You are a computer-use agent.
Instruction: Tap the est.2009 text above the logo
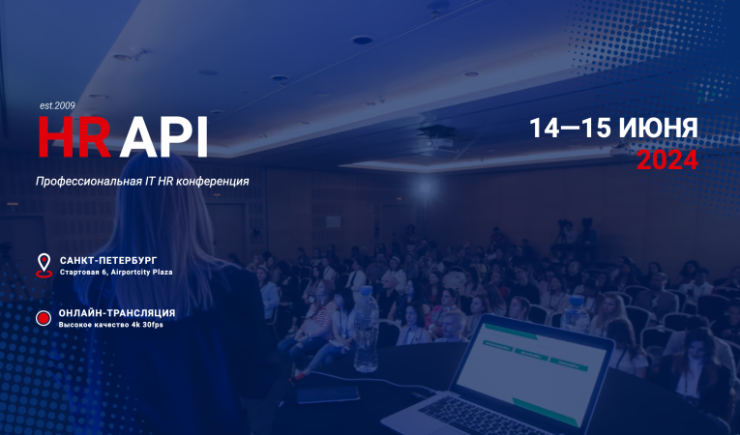[x=57, y=104]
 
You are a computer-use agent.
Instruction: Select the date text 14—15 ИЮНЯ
[x=613, y=129]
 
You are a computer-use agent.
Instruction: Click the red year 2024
[x=666, y=160]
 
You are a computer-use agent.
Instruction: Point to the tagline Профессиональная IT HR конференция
[x=142, y=181]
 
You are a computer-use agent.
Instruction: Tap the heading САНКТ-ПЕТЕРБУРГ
[x=107, y=260]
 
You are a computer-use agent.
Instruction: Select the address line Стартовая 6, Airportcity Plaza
[x=116, y=273]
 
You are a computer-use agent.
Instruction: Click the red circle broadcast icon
[x=43, y=318]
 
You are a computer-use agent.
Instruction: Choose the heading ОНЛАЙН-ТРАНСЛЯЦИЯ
[x=117, y=313]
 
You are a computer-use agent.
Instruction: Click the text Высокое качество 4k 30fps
[x=110, y=326]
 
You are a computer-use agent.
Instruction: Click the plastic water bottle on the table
[x=367, y=330]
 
